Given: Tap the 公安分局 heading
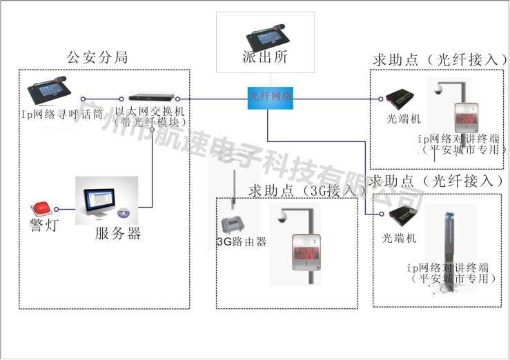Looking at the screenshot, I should click(97, 58).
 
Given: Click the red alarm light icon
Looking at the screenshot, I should click(40, 208).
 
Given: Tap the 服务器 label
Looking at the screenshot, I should click(118, 234).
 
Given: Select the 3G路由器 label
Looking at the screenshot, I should click(241, 242).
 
